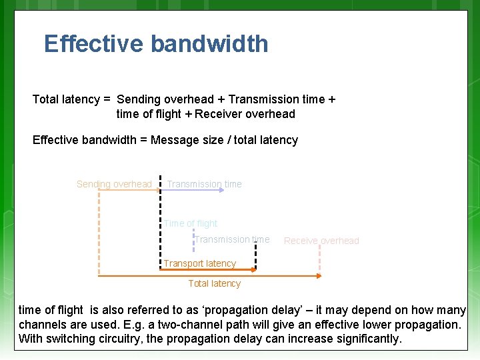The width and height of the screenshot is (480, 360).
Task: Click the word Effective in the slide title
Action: point(94,44)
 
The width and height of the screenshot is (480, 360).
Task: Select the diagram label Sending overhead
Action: point(114,184)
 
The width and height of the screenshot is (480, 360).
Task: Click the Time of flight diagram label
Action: point(191,223)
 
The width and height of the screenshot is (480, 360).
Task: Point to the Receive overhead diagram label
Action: point(321,241)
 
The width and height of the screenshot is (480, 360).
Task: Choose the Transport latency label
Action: point(200,263)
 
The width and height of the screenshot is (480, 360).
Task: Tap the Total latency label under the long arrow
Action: point(214,283)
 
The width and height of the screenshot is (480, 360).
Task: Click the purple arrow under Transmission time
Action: point(193,191)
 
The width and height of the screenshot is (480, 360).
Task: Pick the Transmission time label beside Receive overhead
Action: point(232,239)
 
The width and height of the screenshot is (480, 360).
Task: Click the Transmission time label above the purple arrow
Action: point(204,184)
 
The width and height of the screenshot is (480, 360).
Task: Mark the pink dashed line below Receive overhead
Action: point(321,260)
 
